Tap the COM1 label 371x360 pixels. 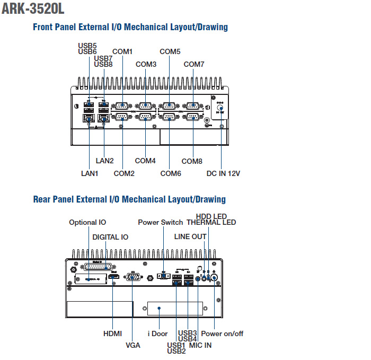click(x=122, y=51)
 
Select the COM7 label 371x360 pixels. click(x=194, y=64)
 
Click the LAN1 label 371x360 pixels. click(x=90, y=173)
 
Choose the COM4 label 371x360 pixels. click(x=145, y=161)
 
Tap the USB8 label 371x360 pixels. click(x=103, y=64)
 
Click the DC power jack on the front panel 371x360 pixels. click(x=222, y=105)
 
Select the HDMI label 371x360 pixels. click(x=112, y=333)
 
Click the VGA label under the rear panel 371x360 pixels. click(x=133, y=345)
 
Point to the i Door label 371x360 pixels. click(x=157, y=333)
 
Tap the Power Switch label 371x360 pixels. click(x=160, y=222)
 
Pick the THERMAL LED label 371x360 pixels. click(x=211, y=222)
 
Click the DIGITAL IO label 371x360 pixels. click(x=110, y=236)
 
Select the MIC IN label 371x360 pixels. click(x=200, y=345)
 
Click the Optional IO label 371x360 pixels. click(x=87, y=222)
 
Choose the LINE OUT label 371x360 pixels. click(x=190, y=236)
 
